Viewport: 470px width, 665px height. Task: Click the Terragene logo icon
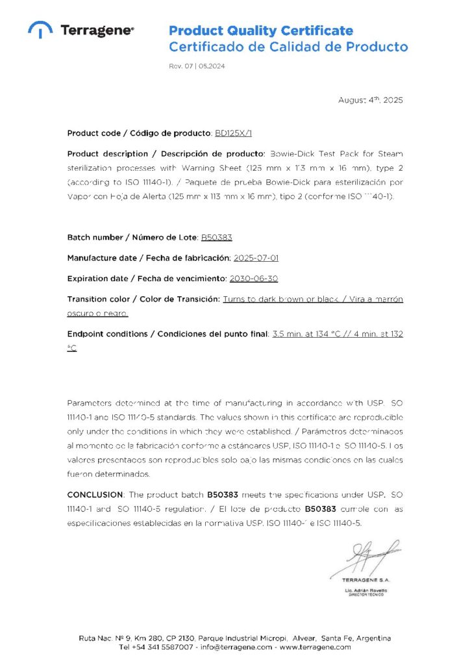pyautogui.click(x=40, y=30)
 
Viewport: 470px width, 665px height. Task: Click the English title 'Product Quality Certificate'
pyautogui.click(x=261, y=31)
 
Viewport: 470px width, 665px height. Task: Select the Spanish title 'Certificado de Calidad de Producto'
pyautogui.click(x=288, y=47)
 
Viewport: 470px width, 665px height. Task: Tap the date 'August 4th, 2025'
pyautogui.click(x=371, y=100)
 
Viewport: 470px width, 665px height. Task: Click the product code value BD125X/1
pyautogui.click(x=232, y=133)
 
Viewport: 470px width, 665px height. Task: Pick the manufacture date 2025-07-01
pyautogui.click(x=256, y=258)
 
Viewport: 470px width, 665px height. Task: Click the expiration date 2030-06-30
pyautogui.click(x=253, y=279)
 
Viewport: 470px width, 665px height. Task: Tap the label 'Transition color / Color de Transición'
pyautogui.click(x=143, y=299)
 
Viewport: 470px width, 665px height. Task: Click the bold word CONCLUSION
pyautogui.click(x=95, y=495)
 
